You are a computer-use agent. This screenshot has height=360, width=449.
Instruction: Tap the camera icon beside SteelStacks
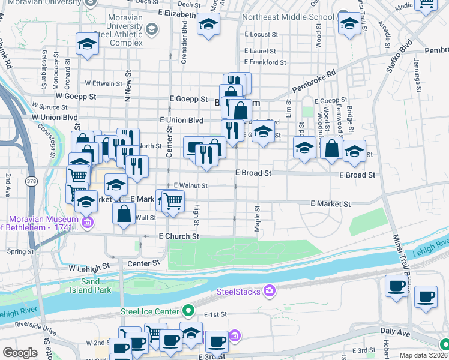click(x=269, y=292)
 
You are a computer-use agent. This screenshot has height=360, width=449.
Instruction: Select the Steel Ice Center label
click(x=150, y=311)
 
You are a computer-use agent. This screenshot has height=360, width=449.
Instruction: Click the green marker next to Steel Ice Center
click(x=188, y=311)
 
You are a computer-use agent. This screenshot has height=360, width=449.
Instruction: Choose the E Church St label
click(x=179, y=236)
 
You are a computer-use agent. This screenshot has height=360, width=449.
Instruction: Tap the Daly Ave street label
click(x=395, y=331)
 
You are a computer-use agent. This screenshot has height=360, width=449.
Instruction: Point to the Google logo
click(x=20, y=353)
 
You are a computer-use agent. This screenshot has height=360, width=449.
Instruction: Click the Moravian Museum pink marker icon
click(x=88, y=223)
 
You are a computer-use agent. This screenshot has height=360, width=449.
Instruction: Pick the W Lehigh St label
click(x=89, y=265)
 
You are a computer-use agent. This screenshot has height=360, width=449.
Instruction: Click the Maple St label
click(x=257, y=216)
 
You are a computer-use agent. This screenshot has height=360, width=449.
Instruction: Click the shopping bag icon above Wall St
click(x=124, y=213)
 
